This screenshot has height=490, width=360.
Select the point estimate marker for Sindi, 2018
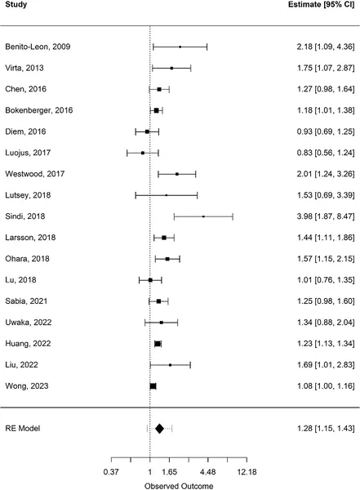[x=203, y=216]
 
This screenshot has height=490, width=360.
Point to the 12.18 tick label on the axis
[x=247, y=471]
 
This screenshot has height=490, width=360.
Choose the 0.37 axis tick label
[x=111, y=471]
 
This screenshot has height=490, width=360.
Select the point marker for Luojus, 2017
[x=143, y=152]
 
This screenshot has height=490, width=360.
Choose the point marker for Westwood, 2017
[x=176, y=173]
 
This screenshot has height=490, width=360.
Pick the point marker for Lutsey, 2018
[x=166, y=195]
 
